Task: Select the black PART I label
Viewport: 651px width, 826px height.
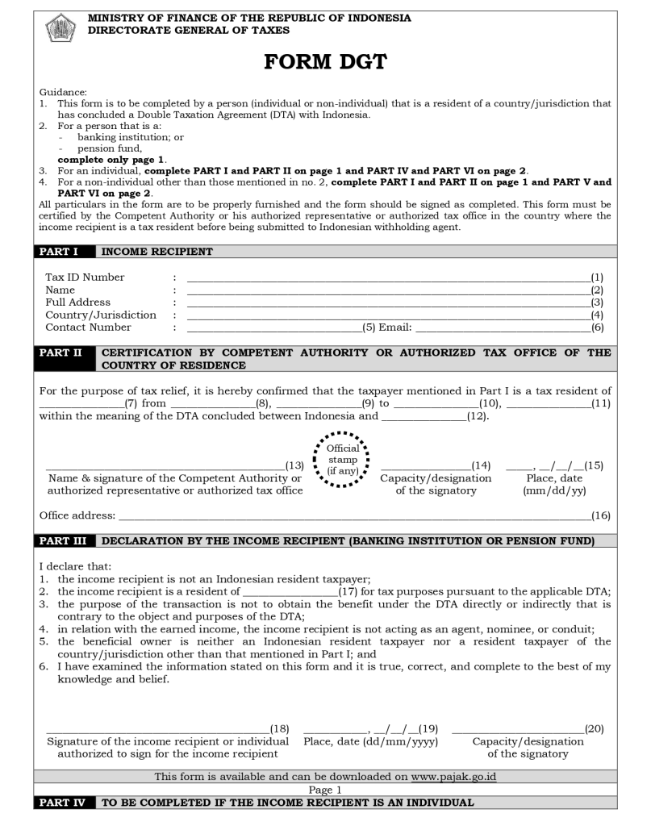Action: click(x=63, y=252)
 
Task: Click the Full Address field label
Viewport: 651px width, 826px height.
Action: click(x=77, y=302)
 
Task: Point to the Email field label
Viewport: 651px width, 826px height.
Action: click(x=396, y=327)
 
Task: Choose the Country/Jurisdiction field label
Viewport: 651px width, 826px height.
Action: click(x=101, y=315)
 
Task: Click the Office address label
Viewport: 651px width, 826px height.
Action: click(x=77, y=515)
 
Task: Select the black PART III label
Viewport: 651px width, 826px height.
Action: click(x=65, y=540)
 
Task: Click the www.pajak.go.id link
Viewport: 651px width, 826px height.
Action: click(x=453, y=777)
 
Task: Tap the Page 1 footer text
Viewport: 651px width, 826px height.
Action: click(x=325, y=790)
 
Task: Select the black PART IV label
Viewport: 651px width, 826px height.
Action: click(x=65, y=803)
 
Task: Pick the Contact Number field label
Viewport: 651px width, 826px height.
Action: click(x=88, y=327)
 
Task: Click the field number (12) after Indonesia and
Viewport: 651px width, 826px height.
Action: click(x=478, y=417)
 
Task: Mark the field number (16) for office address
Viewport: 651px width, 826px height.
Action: click(x=601, y=515)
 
